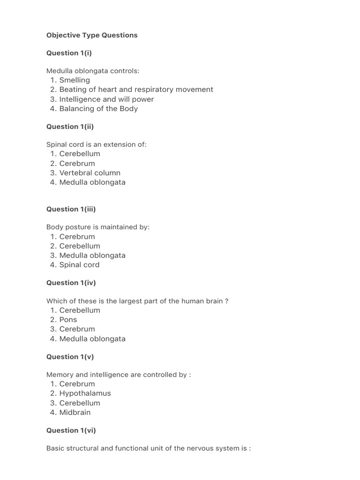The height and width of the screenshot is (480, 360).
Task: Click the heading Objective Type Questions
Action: (x=92, y=35)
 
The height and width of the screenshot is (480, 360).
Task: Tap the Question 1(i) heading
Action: (x=69, y=53)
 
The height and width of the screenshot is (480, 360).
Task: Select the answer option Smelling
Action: (x=75, y=80)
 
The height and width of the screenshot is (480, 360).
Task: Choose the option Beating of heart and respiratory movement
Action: (x=136, y=90)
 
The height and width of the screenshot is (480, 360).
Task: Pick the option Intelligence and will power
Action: (x=106, y=99)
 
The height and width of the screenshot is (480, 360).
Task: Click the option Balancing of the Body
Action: (x=98, y=109)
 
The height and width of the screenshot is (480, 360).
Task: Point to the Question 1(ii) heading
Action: (x=70, y=127)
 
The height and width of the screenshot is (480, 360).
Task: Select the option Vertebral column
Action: (x=90, y=173)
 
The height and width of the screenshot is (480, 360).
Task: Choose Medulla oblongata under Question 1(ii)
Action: (x=92, y=182)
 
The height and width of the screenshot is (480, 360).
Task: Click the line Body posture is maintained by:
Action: (x=98, y=227)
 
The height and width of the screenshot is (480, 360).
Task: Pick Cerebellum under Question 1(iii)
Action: (x=80, y=246)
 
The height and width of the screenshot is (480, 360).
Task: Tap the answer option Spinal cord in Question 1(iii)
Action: (x=79, y=265)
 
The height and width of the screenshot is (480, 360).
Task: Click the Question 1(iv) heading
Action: (x=71, y=283)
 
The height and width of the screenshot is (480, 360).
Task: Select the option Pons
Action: (x=68, y=320)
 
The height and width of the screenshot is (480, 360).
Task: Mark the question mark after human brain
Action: (x=227, y=301)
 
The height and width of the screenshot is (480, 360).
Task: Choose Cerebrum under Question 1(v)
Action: (x=77, y=384)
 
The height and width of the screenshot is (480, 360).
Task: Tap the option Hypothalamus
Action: (x=85, y=393)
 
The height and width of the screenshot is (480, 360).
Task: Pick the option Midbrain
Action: (x=75, y=412)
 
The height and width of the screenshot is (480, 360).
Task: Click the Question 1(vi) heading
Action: (x=71, y=430)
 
